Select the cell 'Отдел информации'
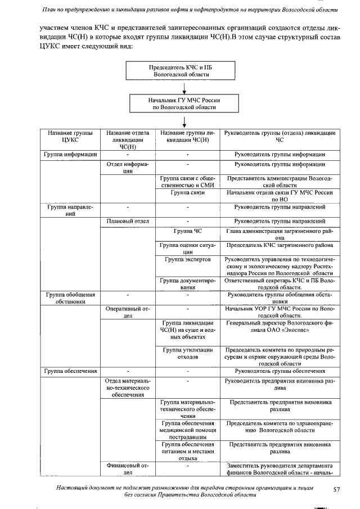point(128,168)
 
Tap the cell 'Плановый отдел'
point(128,221)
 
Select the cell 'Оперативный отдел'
point(128,312)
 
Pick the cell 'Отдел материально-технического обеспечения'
point(128,388)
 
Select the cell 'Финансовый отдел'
point(128,469)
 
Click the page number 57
point(336,490)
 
